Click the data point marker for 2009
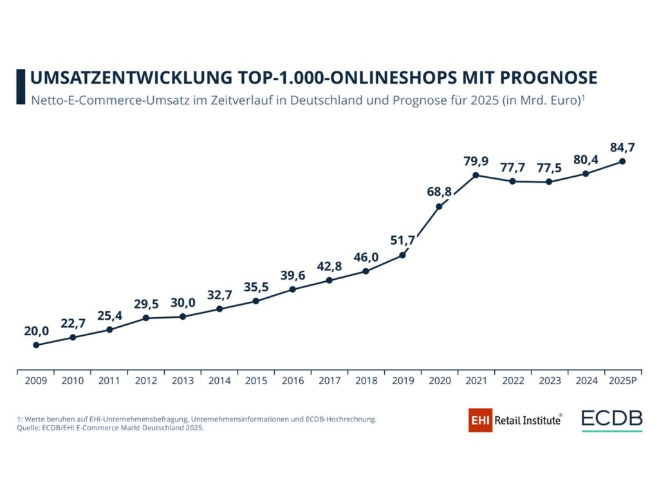click(x=36, y=345)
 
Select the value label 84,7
click(x=622, y=147)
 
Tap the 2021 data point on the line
click(x=476, y=175)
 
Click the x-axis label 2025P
click(x=622, y=381)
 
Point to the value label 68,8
click(x=439, y=192)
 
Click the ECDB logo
click(x=611, y=419)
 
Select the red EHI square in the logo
click(x=480, y=420)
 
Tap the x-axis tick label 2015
click(x=255, y=381)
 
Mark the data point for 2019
click(x=402, y=255)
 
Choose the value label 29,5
click(x=146, y=303)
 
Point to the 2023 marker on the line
click(x=549, y=182)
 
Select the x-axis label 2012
click(x=146, y=381)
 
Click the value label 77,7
click(x=512, y=167)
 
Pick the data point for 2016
click(x=292, y=289)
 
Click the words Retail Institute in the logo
click(x=528, y=420)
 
